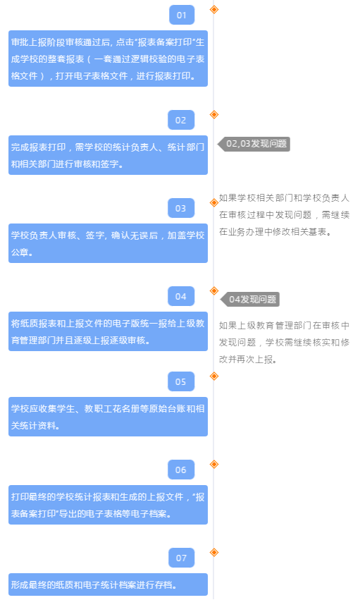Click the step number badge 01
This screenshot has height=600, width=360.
point(182,15)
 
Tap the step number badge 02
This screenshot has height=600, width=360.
point(181,120)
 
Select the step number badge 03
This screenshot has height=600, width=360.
point(181,208)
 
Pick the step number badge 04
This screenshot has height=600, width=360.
point(181,296)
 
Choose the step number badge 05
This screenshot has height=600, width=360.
point(181,381)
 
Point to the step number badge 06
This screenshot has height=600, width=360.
point(181,470)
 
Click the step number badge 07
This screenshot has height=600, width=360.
point(182,558)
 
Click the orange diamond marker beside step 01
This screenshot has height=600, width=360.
point(214,9)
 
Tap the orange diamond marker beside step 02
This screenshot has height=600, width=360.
point(214,114)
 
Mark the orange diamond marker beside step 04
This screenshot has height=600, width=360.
point(214,290)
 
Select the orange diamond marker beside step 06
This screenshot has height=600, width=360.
point(214,464)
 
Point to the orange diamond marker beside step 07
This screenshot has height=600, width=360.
point(214,552)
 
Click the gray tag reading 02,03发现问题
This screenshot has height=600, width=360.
point(254,144)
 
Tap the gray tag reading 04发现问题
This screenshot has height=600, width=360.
point(250,299)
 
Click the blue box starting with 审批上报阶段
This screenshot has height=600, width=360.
point(108,59)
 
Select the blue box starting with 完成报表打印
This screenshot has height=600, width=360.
point(108,155)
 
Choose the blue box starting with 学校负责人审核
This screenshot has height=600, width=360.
point(108,243)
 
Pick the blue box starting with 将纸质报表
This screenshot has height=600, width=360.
point(108,331)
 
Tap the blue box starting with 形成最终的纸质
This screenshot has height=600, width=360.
point(108,584)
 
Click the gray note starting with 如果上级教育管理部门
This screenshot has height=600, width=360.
point(284,342)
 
